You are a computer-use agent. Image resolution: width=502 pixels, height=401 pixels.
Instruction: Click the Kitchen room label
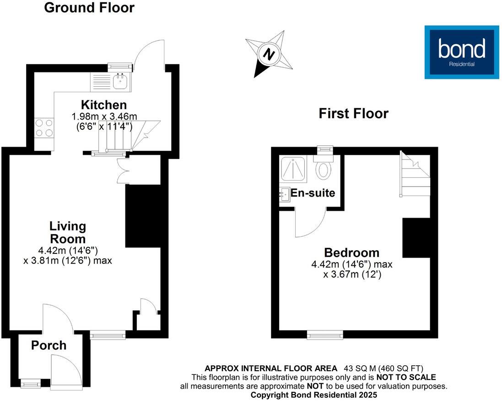(x=104, y=104)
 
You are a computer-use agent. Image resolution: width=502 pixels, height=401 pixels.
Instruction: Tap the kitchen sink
(x=121, y=82)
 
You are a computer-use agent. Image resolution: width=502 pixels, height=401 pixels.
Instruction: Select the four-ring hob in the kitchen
(x=43, y=128)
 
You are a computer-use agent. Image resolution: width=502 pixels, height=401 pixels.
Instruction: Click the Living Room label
(x=68, y=232)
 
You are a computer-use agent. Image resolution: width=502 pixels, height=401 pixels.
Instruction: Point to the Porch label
(x=49, y=346)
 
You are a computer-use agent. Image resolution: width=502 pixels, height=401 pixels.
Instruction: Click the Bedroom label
(x=351, y=253)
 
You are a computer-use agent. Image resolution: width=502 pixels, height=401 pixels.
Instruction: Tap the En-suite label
(x=313, y=193)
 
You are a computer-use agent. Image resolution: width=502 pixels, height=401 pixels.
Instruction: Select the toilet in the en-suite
(x=324, y=169)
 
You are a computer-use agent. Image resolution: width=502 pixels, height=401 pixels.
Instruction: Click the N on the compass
(x=270, y=55)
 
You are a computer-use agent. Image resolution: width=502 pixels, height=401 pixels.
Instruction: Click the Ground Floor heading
(x=89, y=8)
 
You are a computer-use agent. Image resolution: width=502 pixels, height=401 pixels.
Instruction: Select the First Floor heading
(x=353, y=113)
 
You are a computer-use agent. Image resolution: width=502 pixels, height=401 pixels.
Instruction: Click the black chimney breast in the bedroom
(x=416, y=237)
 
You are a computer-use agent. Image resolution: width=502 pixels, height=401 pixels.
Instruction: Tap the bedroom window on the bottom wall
(x=324, y=336)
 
